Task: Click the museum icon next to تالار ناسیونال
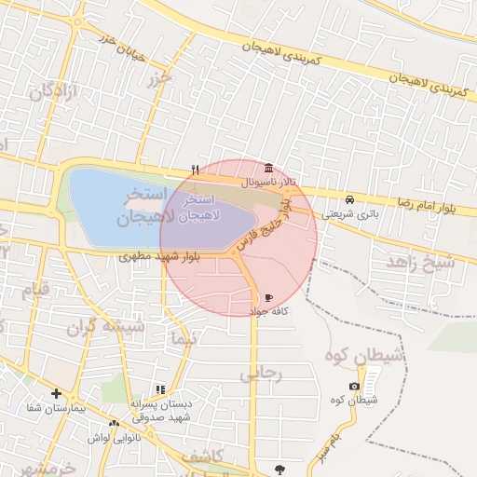[x=269, y=168]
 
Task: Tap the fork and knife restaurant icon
[x=195, y=170]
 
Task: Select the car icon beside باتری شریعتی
[x=349, y=199]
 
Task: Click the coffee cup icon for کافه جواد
[x=269, y=296]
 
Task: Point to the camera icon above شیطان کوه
[x=354, y=386]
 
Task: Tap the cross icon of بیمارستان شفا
[x=59, y=394]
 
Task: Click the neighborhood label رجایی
[x=260, y=374]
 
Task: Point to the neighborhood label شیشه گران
[x=105, y=328]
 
